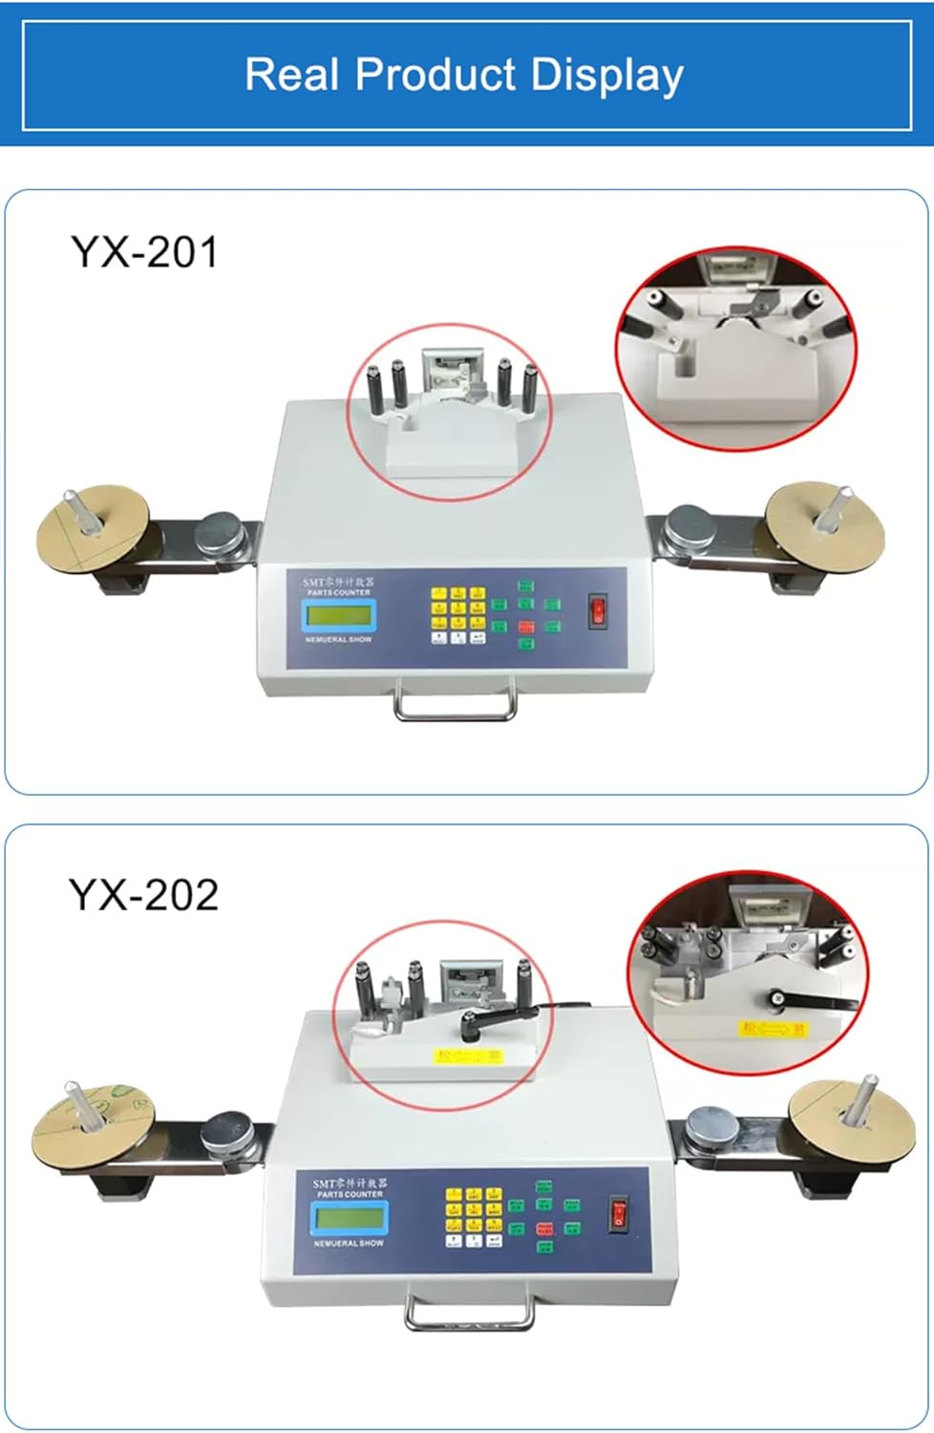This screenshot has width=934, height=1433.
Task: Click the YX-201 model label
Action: coord(144,252)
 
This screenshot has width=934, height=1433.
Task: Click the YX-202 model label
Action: coord(143,895)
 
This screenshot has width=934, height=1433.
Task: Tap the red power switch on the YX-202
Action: coord(619,1213)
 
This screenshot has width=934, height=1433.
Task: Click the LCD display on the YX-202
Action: coord(348,1218)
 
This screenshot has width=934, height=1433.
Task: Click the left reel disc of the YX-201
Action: coord(93,529)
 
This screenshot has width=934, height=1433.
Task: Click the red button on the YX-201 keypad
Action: coord(525,627)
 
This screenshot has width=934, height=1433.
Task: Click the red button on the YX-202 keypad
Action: coord(544,1229)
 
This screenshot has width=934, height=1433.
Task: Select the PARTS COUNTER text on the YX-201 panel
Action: coord(339,592)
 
